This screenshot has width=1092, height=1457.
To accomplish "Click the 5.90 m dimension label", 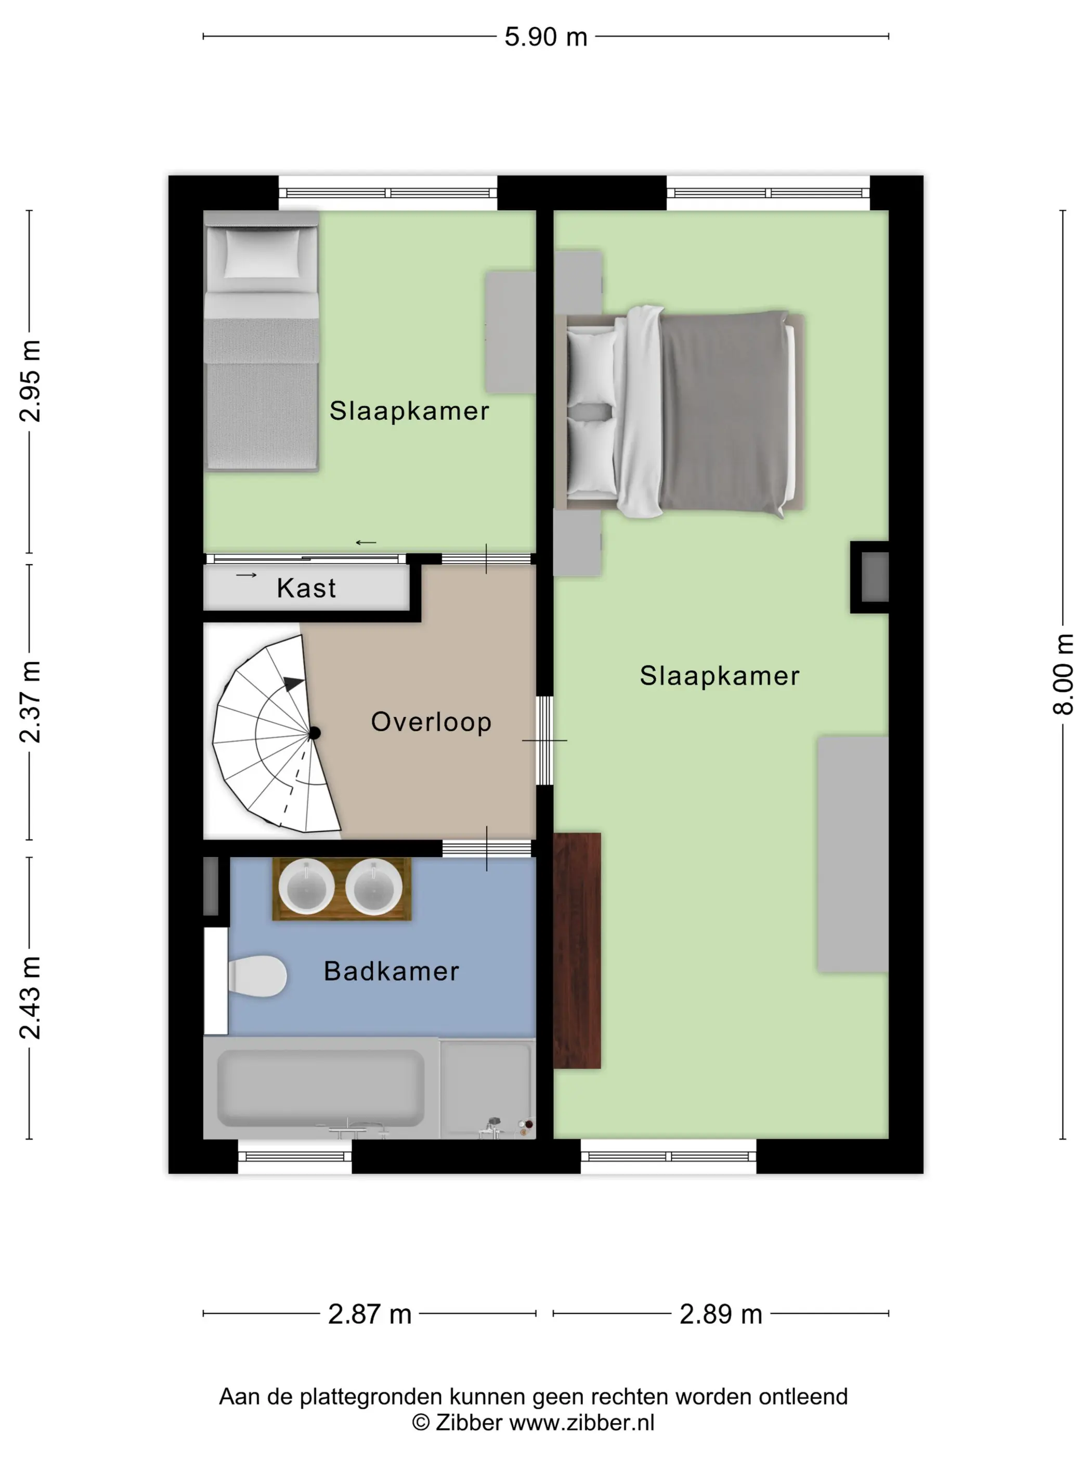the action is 545,37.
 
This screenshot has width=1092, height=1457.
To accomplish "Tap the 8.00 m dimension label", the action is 1063,674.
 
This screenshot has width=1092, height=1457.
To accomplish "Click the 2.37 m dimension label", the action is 30,701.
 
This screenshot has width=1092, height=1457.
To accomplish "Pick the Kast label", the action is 306,588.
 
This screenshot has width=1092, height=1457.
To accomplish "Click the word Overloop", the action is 431,722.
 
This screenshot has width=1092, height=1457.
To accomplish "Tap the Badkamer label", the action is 392,971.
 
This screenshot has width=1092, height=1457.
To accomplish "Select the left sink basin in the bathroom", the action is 306,887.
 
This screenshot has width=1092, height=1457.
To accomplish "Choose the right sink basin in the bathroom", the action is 374,887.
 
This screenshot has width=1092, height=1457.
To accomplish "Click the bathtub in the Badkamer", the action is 320,1088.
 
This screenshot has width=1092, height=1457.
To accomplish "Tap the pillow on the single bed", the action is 262,253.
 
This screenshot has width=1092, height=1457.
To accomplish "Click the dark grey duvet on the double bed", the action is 724,412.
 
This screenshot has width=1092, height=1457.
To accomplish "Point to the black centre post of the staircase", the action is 315,733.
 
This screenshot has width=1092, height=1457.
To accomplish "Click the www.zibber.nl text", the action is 582,1422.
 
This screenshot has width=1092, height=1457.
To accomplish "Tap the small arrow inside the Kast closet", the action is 246,575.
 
